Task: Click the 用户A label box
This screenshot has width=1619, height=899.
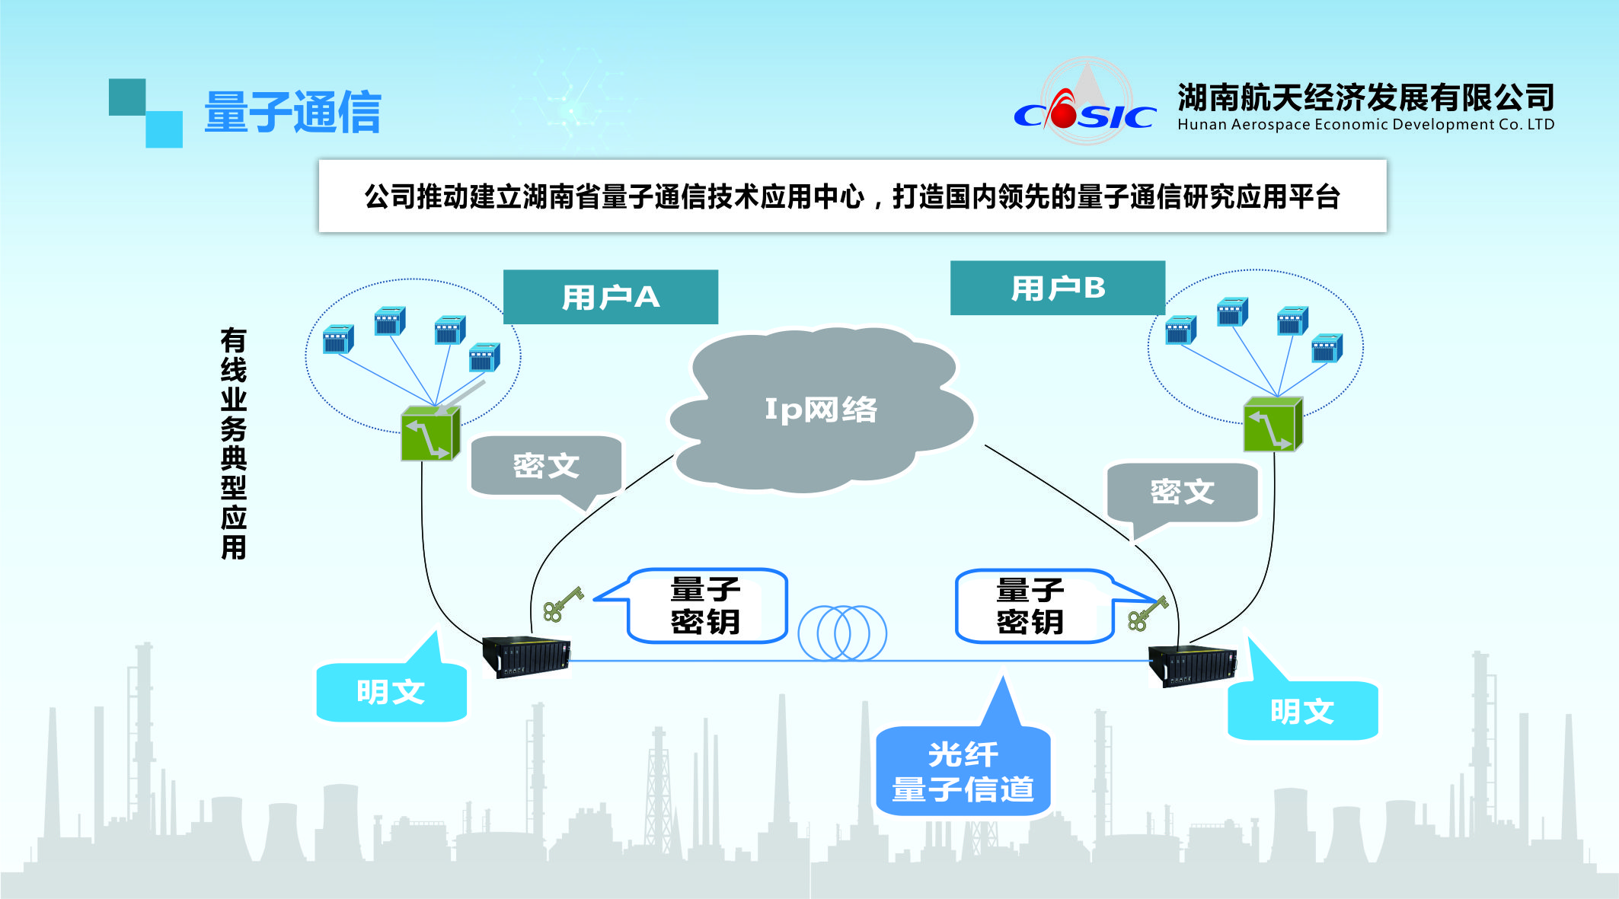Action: pyautogui.click(x=610, y=297)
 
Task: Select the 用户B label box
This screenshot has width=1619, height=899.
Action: pyautogui.click(x=1057, y=288)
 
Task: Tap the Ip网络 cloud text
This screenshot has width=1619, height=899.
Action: pyautogui.click(x=821, y=410)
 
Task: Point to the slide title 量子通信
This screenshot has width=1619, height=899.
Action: pyautogui.click(x=292, y=113)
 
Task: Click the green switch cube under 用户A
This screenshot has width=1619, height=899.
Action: pyautogui.click(x=430, y=434)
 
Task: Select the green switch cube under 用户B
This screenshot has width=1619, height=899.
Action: pyautogui.click(x=1273, y=425)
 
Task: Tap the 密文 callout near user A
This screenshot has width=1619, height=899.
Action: pyautogui.click(x=546, y=465)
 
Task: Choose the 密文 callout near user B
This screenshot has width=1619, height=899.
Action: pyautogui.click(x=1182, y=492)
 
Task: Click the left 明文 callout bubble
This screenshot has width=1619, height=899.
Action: pyautogui.click(x=391, y=691)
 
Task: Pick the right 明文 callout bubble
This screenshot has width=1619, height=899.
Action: pyautogui.click(x=1301, y=711)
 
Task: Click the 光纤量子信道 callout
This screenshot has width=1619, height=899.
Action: pyautogui.click(x=963, y=771)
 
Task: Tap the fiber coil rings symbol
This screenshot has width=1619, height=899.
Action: pyautogui.click(x=842, y=633)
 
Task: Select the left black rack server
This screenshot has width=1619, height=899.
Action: pyautogui.click(x=526, y=656)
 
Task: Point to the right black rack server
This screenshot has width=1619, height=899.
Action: pyautogui.click(x=1193, y=664)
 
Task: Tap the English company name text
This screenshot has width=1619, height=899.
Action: pyautogui.click(x=1365, y=125)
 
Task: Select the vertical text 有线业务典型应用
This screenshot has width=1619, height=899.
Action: pyautogui.click(x=234, y=444)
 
